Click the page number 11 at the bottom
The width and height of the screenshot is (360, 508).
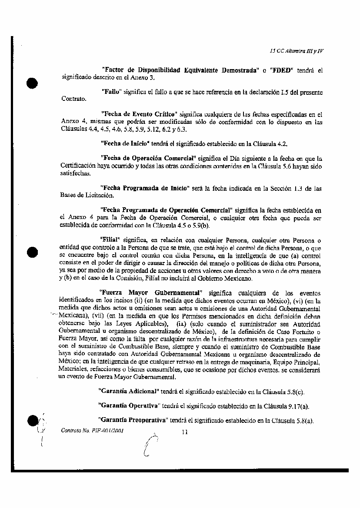(x=184, y=432)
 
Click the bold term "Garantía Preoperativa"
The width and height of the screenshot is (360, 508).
(x=133, y=421)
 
